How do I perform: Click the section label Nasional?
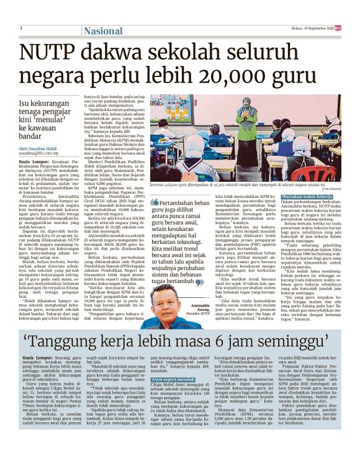(x=104, y=30)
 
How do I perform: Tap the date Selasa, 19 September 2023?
(x=308, y=28)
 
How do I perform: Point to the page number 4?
(x=20, y=29)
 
